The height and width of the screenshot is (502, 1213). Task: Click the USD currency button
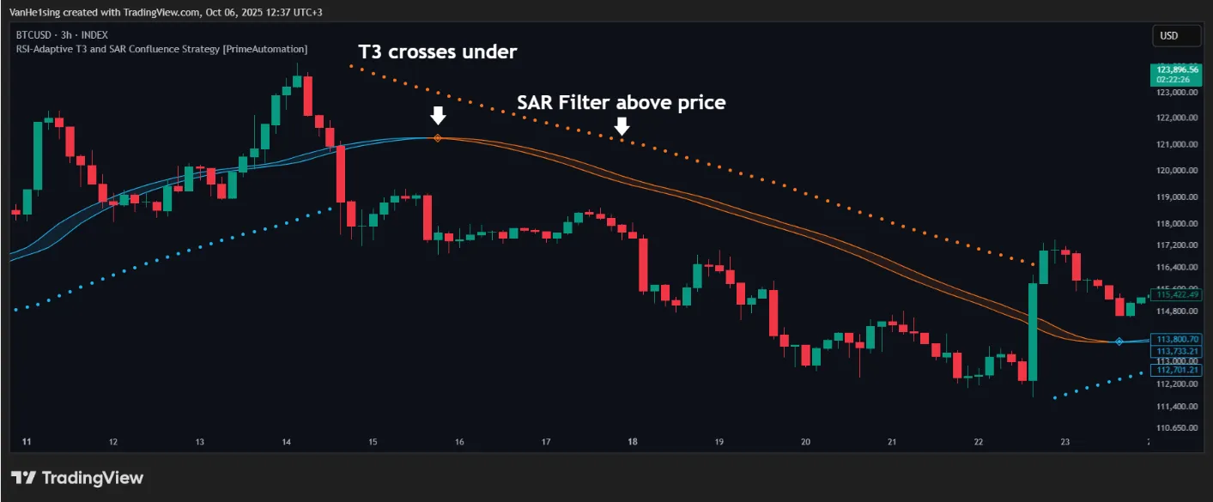(1170, 36)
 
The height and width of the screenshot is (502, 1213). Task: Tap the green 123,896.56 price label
(1176, 70)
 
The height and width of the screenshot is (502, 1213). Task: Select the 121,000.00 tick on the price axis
(1177, 144)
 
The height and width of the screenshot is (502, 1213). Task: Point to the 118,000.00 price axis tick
(1177, 224)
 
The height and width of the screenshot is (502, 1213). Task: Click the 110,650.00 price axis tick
(1177, 426)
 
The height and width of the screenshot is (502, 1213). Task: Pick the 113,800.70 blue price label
(1177, 339)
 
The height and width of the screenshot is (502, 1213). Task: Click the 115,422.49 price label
(1177, 294)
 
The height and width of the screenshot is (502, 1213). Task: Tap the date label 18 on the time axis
(633, 442)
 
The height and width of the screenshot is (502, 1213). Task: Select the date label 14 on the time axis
(287, 442)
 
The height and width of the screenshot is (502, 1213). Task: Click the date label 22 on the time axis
(979, 442)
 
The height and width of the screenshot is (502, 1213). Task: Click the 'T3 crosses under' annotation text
(438, 51)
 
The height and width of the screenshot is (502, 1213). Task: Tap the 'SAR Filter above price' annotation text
(622, 102)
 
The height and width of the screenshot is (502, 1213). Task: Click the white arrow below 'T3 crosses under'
(438, 115)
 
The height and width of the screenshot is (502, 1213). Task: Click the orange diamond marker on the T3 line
(438, 138)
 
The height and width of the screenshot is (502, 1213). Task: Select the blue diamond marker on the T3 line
(1119, 342)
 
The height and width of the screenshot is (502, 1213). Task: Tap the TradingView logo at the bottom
(76, 478)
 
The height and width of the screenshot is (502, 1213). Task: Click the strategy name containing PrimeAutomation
(161, 49)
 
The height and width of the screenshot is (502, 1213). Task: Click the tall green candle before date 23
(1032, 331)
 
